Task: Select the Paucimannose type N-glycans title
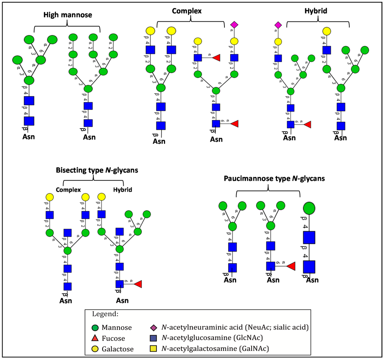(x=267, y=179)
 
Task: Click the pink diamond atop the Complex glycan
(x=234, y=25)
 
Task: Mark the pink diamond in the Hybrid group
(x=278, y=25)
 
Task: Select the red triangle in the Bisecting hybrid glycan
(x=138, y=284)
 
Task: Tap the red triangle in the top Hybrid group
(x=308, y=124)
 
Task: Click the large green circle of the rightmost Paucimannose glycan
(x=309, y=208)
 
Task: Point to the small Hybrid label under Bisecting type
(x=123, y=190)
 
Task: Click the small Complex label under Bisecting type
(x=68, y=190)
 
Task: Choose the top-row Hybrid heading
(x=316, y=11)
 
